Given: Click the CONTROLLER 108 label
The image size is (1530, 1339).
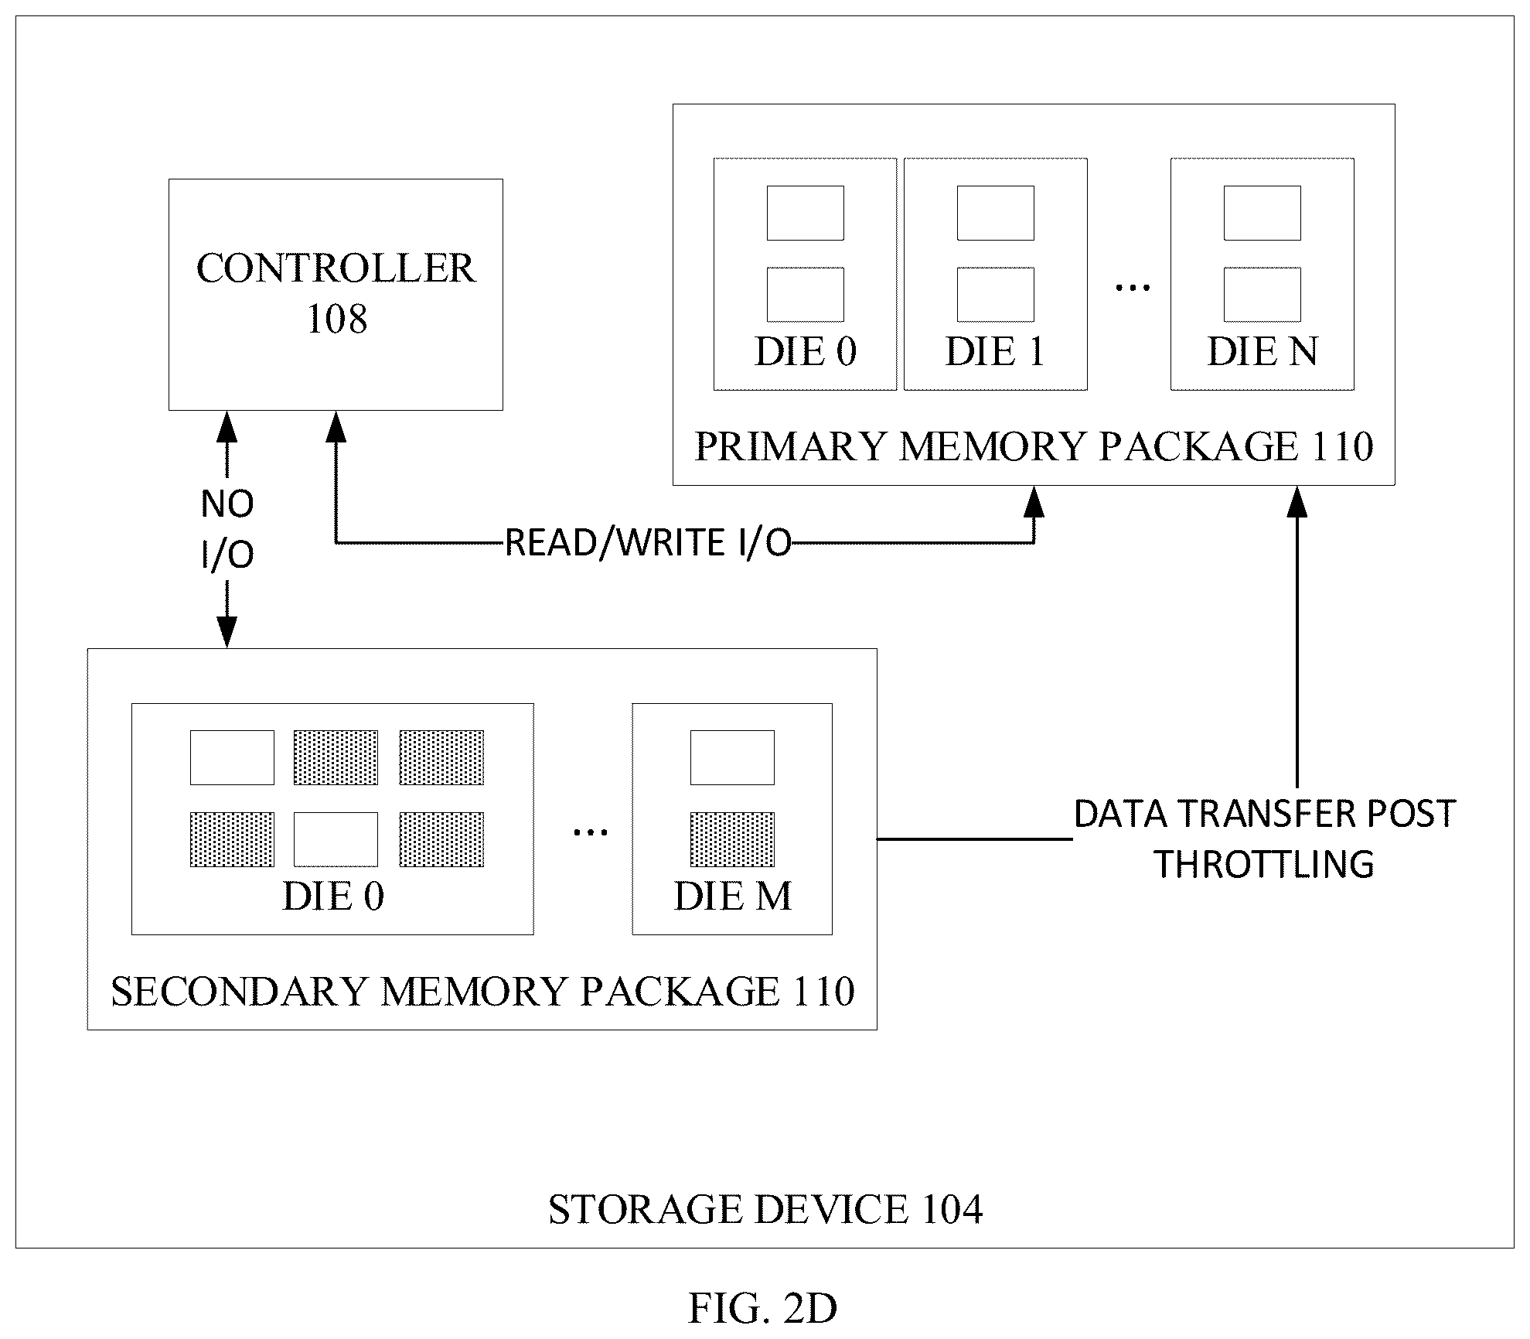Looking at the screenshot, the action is (336, 293).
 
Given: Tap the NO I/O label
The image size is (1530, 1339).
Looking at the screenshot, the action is (227, 529).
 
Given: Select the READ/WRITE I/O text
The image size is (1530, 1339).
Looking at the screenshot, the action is (649, 543).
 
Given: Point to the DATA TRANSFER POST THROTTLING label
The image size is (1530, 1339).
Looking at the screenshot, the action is (1265, 839).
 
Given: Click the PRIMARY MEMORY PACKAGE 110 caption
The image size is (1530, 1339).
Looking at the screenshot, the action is (1034, 446).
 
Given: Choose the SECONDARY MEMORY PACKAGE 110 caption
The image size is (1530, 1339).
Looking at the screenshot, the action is (482, 991).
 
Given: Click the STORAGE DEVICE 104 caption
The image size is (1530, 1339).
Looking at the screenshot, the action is (765, 1209).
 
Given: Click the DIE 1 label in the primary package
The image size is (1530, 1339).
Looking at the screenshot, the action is (995, 352).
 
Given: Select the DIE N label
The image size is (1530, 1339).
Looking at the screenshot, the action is (1263, 352).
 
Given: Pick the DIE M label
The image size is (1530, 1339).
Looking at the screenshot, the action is (732, 897).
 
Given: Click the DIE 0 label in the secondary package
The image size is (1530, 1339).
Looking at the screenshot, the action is (333, 897).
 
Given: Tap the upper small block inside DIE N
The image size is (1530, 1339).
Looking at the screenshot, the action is (1263, 213).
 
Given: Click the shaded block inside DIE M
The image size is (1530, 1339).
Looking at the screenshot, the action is (732, 839).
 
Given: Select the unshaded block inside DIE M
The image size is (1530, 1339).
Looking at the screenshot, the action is (732, 757).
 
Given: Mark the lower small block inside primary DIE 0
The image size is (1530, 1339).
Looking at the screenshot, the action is (805, 295).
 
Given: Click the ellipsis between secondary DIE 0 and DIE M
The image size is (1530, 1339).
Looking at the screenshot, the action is (590, 832).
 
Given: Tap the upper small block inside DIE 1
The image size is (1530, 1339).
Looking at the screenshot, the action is (995, 213).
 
